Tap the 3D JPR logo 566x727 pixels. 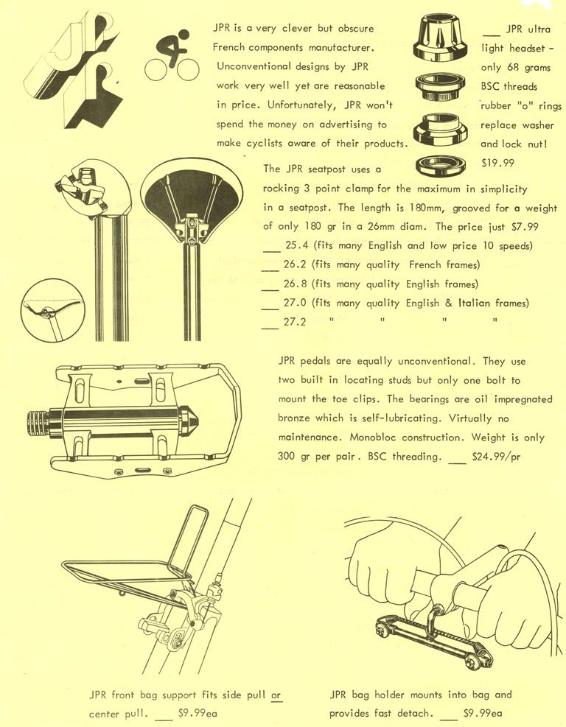coord(74,69)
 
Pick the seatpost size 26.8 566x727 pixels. coord(296,284)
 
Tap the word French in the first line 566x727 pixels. coord(233,47)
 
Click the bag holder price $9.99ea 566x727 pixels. coord(482,714)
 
